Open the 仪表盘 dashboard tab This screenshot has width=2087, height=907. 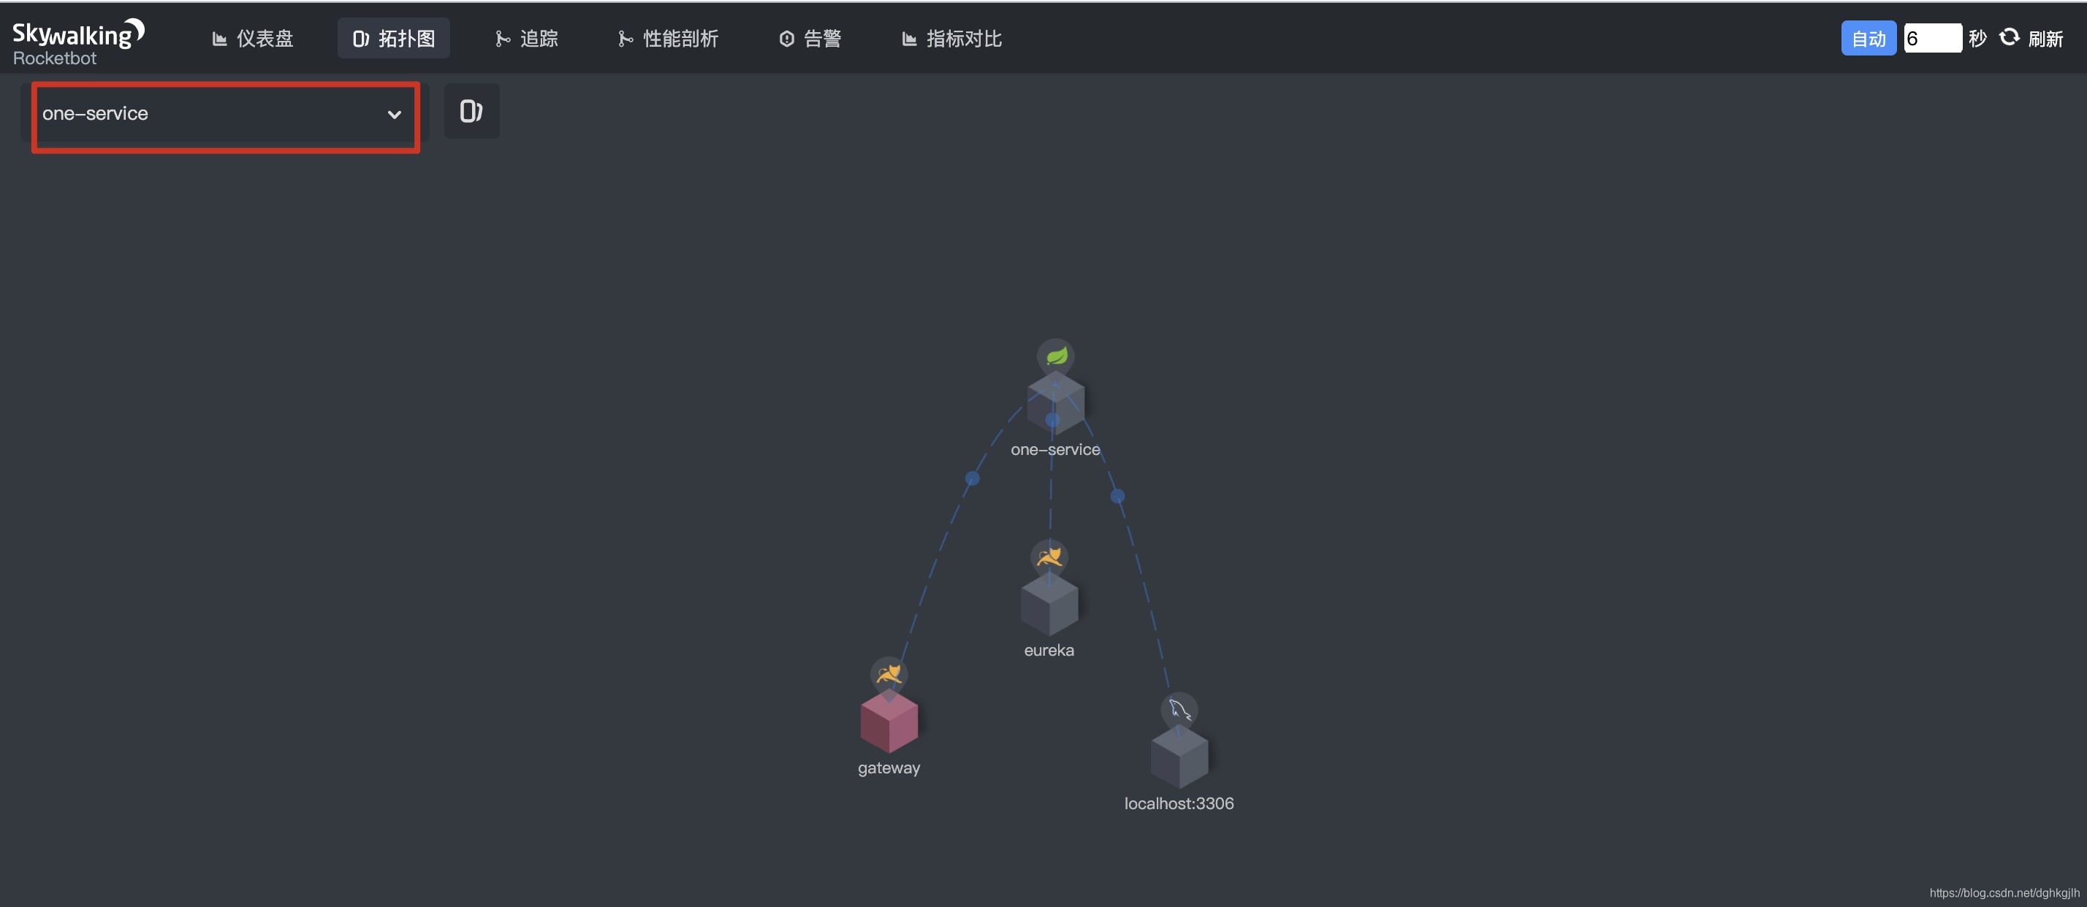pyautogui.click(x=253, y=38)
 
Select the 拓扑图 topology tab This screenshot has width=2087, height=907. pyautogui.click(x=394, y=38)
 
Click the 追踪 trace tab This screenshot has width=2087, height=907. pyautogui.click(x=527, y=38)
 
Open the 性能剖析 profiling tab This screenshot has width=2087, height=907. pyautogui.click(x=669, y=38)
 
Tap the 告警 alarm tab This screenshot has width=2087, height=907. pyautogui.click(x=810, y=38)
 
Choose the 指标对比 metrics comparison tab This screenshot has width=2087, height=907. pyautogui.click(x=952, y=38)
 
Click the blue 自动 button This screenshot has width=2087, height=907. pyautogui.click(x=1869, y=38)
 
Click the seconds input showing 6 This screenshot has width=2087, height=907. pyautogui.click(x=1932, y=38)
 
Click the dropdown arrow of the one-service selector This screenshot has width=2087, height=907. pyautogui.click(x=395, y=114)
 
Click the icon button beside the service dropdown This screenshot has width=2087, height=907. pyautogui.click(x=471, y=111)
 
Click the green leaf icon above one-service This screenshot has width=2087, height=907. pyautogui.click(x=1056, y=356)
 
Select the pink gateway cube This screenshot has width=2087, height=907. pyautogui.click(x=889, y=722)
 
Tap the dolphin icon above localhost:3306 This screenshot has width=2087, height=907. pyautogui.click(x=1179, y=711)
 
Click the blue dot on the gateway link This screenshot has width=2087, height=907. pyautogui.click(x=972, y=478)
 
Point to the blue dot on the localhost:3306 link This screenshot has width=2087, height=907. pyautogui.click(x=1117, y=496)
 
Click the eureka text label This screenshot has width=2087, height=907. pyautogui.click(x=1049, y=650)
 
